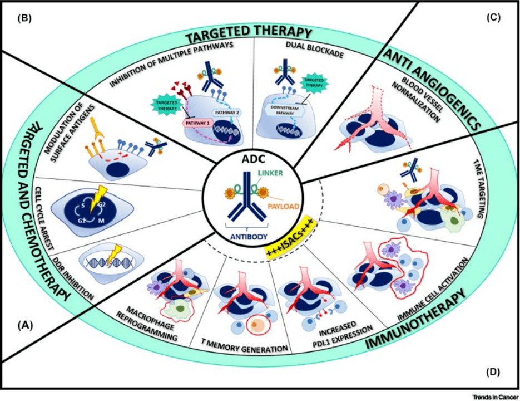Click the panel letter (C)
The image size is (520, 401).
493,17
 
